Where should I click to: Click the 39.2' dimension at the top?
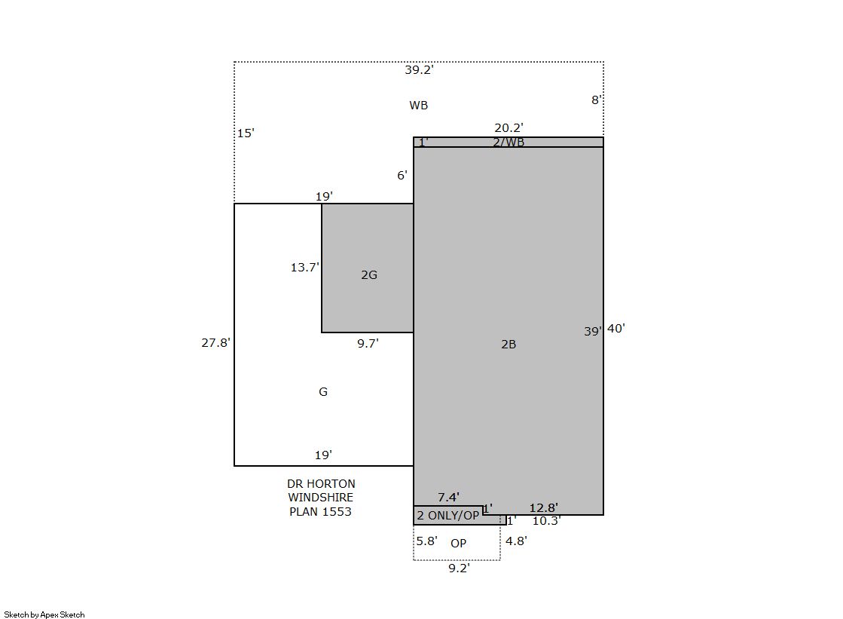click(x=419, y=70)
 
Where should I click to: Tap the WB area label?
click(x=418, y=105)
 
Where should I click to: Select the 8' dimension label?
click(x=596, y=100)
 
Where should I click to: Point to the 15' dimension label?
click(x=246, y=133)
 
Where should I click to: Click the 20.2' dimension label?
click(x=509, y=128)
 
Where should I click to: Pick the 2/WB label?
click(x=509, y=142)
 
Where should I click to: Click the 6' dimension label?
click(x=402, y=176)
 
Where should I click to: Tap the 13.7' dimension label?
click(x=305, y=267)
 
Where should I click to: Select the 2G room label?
click(x=369, y=275)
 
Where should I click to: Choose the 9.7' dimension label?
click(x=368, y=343)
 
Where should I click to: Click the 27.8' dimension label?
click(x=215, y=343)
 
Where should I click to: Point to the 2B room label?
click(x=509, y=345)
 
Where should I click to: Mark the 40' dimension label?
click(x=616, y=328)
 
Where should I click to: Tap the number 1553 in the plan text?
click(x=337, y=512)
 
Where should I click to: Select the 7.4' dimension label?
click(x=448, y=498)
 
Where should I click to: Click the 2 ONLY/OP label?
click(x=447, y=516)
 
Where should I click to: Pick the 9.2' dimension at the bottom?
click(x=459, y=568)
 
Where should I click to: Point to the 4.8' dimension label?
click(x=516, y=541)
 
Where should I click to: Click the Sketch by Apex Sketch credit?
click(x=44, y=614)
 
